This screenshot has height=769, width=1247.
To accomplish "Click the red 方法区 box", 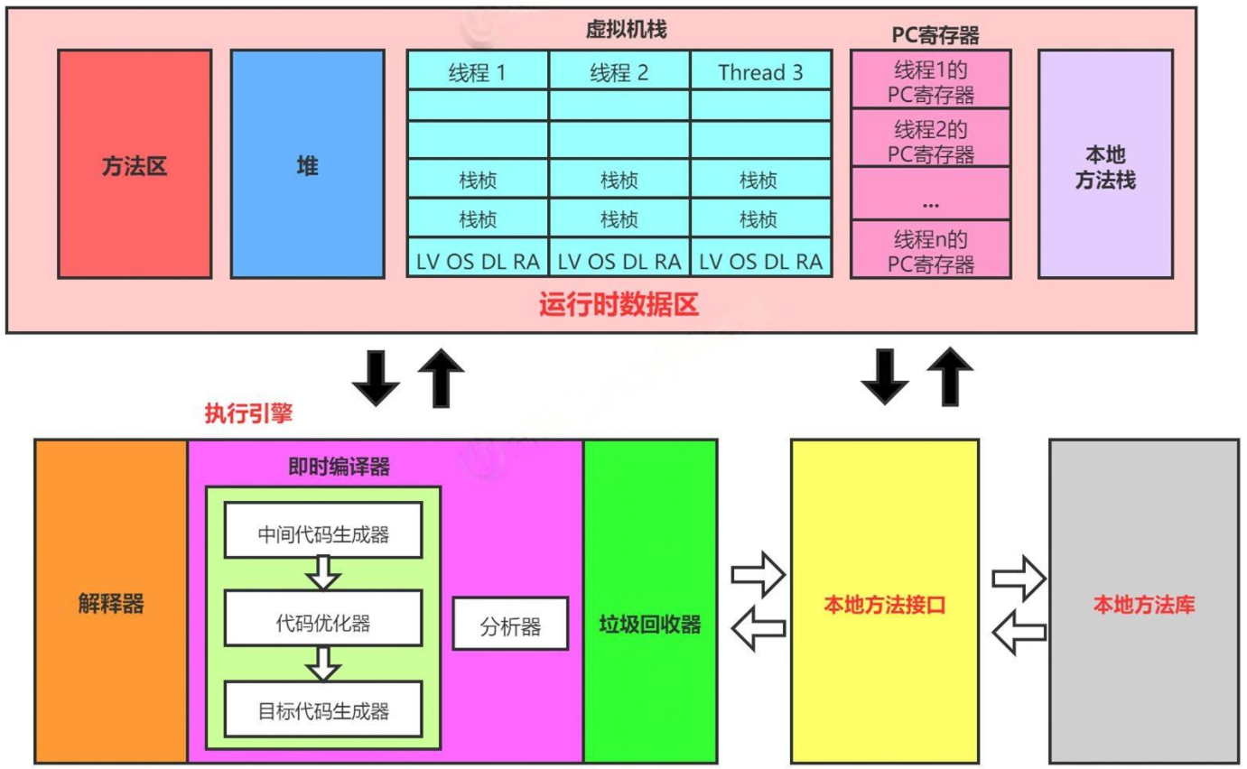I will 135,163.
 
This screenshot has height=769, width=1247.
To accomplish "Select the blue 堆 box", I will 307,163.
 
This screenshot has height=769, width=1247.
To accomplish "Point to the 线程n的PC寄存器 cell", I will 930,251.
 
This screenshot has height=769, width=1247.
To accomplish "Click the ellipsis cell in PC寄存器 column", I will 930,195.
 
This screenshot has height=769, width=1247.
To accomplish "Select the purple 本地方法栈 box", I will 1105,163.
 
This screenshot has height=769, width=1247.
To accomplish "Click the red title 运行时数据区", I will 619,305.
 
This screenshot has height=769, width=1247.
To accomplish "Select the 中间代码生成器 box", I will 322,534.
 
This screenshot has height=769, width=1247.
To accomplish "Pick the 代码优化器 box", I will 322,623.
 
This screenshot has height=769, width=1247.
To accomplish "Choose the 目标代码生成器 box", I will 322,710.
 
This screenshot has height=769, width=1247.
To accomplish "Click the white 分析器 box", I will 510,624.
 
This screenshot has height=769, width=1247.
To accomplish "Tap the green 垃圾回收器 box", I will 650,625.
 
